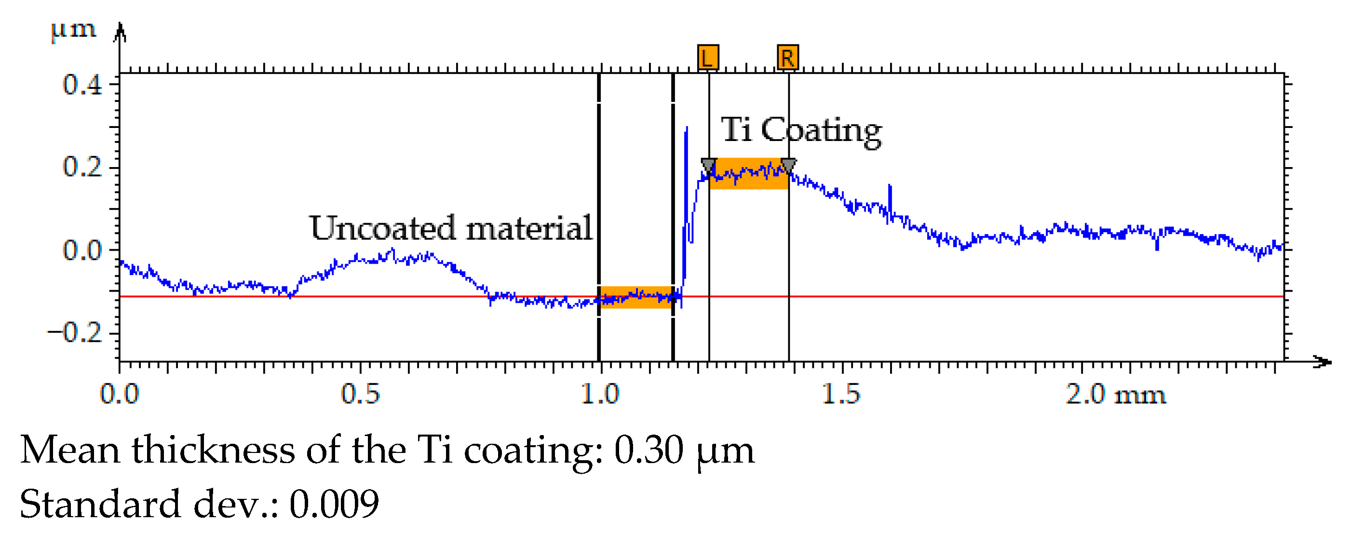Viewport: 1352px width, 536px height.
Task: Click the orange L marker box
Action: pyautogui.click(x=707, y=57)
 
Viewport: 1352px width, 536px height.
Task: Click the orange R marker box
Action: pyautogui.click(x=787, y=57)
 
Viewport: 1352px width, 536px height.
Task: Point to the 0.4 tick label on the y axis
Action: pyautogui.click(x=82, y=85)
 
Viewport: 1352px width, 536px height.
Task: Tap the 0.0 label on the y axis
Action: pyautogui.click(x=82, y=250)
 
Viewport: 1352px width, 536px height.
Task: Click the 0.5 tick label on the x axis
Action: pyautogui.click(x=360, y=394)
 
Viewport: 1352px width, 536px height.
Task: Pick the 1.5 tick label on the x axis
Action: pyautogui.click(x=841, y=394)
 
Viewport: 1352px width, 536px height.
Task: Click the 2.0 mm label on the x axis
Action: pyautogui.click(x=1115, y=394)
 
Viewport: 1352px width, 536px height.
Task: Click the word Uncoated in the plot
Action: pyautogui.click(x=382, y=228)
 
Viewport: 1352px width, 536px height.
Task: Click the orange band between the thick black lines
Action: pyautogui.click(x=635, y=297)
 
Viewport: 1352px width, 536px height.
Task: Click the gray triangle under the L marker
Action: pyautogui.click(x=708, y=166)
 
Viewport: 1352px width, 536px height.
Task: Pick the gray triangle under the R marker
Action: pyautogui.click(x=788, y=166)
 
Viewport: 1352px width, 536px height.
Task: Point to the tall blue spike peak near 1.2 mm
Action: pyautogui.click(x=687, y=129)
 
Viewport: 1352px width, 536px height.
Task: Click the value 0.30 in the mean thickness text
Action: pyautogui.click(x=649, y=450)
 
